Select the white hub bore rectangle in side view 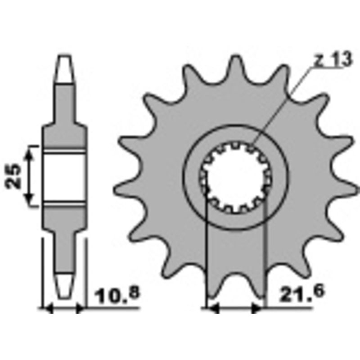[64, 176]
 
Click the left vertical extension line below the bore [206, 252]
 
